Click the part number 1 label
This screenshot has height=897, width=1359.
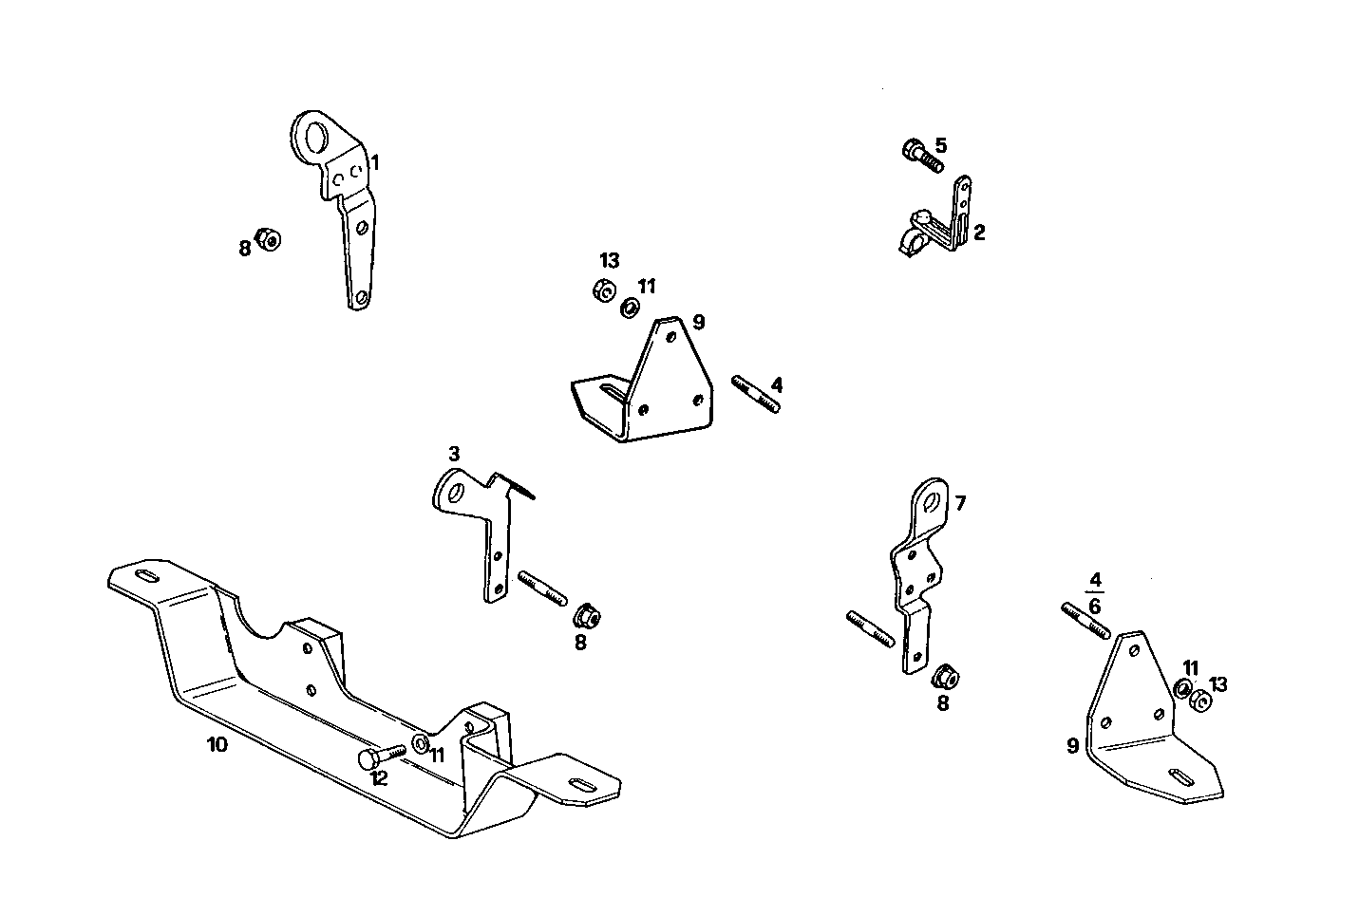(x=375, y=163)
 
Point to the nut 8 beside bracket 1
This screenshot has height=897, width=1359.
(x=270, y=240)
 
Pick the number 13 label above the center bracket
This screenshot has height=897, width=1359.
(x=609, y=261)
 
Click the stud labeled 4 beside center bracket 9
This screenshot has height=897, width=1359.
(x=756, y=394)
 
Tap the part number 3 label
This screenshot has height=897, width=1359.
(x=454, y=453)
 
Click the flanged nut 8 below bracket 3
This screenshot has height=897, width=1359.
(x=586, y=617)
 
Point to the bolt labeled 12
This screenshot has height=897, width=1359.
(x=381, y=755)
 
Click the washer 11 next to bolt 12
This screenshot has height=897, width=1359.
(x=420, y=740)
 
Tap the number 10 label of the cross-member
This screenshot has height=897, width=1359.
(x=217, y=744)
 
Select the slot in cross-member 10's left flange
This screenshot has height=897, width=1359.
(x=147, y=577)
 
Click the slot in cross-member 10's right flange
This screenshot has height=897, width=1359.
(x=579, y=783)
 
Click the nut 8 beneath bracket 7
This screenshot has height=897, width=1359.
(x=945, y=678)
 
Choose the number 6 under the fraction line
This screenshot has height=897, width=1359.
(x=1095, y=607)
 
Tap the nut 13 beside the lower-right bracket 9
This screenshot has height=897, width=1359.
(x=1199, y=701)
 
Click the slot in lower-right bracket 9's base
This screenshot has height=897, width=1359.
(x=1181, y=776)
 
